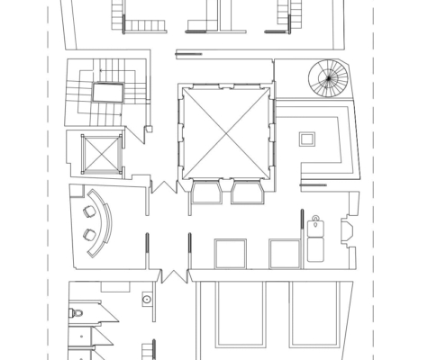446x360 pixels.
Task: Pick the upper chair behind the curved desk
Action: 88,212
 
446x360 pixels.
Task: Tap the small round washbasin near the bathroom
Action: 147,298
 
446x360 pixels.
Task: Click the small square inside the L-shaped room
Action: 307,139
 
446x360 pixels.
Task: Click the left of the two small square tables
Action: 230,253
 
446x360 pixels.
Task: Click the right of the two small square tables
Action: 285,253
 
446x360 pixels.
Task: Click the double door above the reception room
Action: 162,186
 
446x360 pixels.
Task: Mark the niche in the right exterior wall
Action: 348,231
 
